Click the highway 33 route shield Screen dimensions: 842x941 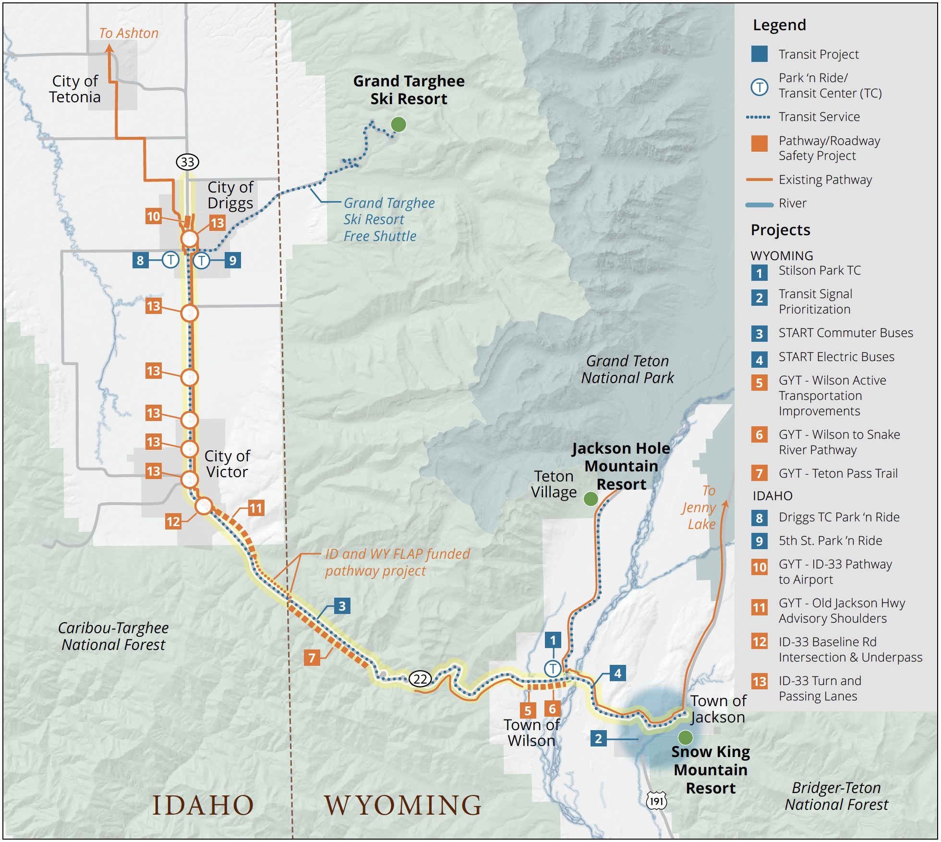click(187, 162)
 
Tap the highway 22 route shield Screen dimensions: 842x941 click(420, 679)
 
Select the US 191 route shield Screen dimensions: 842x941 click(656, 801)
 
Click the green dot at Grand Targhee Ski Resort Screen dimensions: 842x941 click(398, 124)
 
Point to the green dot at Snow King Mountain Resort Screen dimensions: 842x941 click(685, 737)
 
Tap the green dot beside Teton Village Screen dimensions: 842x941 click(591, 499)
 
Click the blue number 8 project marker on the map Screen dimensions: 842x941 click(140, 260)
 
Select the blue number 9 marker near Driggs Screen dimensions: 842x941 click(232, 260)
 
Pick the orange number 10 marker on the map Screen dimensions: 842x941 click(154, 216)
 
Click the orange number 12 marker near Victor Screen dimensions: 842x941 click(173, 521)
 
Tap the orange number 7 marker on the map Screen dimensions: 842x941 click(312, 657)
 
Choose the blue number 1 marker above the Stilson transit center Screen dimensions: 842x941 click(553, 640)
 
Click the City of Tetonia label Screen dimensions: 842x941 click(75, 89)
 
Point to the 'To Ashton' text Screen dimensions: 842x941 click(129, 33)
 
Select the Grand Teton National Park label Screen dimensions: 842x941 click(627, 369)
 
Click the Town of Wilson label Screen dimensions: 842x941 click(531, 733)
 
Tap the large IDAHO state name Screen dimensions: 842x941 click(203, 805)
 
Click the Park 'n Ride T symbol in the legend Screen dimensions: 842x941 click(759, 87)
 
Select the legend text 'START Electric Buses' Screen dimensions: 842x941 click(836, 357)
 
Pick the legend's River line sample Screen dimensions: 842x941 click(759, 204)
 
